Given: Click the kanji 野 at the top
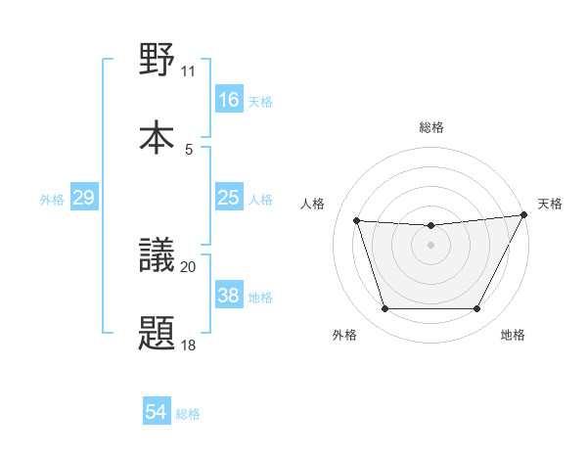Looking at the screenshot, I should point(158,61).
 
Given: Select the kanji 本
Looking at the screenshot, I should point(158,136).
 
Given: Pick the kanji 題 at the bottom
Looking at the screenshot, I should point(158,334).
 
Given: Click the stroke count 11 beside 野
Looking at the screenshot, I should point(188,71).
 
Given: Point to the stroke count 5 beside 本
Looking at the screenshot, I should point(188,149).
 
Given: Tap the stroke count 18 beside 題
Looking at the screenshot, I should point(188,345).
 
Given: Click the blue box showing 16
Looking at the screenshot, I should point(228,100).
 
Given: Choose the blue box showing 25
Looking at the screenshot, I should point(228,199).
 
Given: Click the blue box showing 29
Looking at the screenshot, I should point(83,199).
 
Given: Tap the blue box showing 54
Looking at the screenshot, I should point(157,413).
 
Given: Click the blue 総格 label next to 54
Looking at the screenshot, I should point(189,414).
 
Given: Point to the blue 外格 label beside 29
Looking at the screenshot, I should point(52,200).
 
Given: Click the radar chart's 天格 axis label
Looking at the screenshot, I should point(550,204).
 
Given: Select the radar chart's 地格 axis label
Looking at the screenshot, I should point(513,336).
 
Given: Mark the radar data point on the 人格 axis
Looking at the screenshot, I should point(357,221).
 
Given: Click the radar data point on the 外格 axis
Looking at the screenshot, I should point(384,309).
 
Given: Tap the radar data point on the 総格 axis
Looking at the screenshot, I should point(430,226).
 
